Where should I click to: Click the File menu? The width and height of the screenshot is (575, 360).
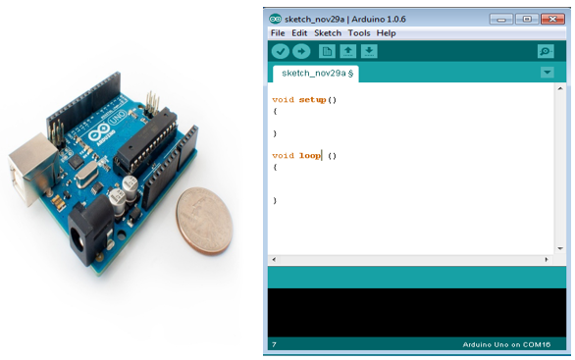pyautogui.click(x=278, y=32)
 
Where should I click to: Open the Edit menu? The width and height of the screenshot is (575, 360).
pyautogui.click(x=299, y=32)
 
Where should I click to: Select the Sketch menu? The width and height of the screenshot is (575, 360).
pyautogui.click(x=328, y=32)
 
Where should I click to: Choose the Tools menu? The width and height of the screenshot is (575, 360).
pyautogui.click(x=359, y=32)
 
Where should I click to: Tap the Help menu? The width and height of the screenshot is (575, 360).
pyautogui.click(x=386, y=32)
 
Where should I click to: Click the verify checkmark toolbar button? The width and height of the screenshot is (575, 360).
pyautogui.click(x=281, y=51)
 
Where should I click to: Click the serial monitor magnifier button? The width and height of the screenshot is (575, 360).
pyautogui.click(x=546, y=51)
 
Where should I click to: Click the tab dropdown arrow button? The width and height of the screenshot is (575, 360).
pyautogui.click(x=547, y=73)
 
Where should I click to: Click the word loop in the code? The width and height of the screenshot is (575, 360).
pyautogui.click(x=310, y=155)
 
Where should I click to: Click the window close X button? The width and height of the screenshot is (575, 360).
pyautogui.click(x=551, y=17)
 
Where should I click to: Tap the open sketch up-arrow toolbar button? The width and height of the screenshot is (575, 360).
pyautogui.click(x=347, y=51)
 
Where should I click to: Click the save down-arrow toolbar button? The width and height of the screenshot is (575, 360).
pyautogui.click(x=369, y=51)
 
